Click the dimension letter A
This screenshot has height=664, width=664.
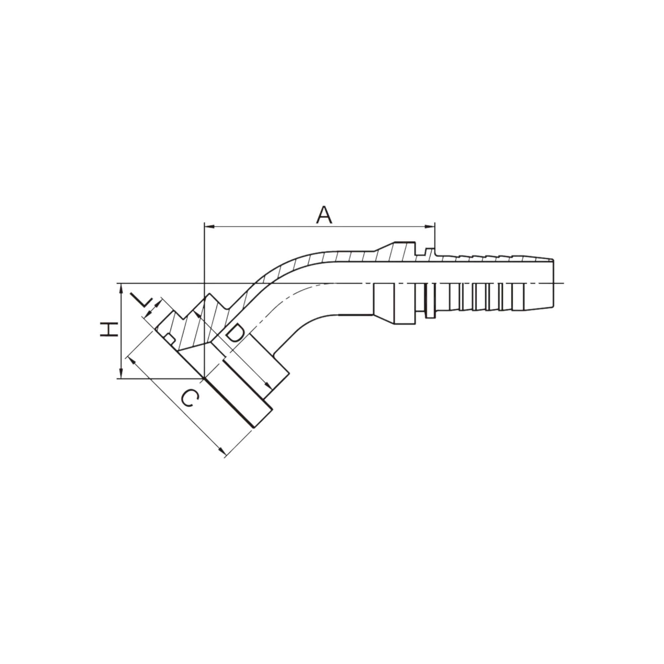point(324,215)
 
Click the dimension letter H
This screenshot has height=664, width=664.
point(109,330)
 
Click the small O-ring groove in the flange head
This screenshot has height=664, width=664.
point(169,338)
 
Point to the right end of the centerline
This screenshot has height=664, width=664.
point(563,283)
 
